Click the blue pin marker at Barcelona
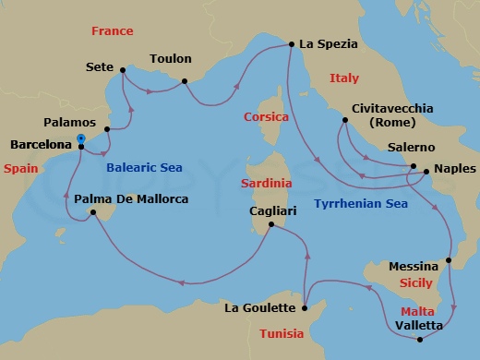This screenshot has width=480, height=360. click(81, 139)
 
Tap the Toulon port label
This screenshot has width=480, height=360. click(170, 58)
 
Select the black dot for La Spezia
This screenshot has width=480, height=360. click(292, 43)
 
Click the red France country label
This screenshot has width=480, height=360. click(113, 31)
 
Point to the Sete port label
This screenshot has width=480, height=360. click(99, 67)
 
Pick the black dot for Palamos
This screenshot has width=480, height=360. click(108, 129)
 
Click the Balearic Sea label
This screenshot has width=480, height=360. click(143, 168)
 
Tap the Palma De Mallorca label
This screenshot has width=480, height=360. click(131, 198)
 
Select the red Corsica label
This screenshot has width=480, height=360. click(267, 117)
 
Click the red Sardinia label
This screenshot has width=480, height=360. click(267, 183)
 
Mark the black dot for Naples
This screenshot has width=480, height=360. click(425, 172)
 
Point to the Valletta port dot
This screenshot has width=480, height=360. click(420, 340)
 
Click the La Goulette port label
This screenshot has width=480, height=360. click(259, 308)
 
